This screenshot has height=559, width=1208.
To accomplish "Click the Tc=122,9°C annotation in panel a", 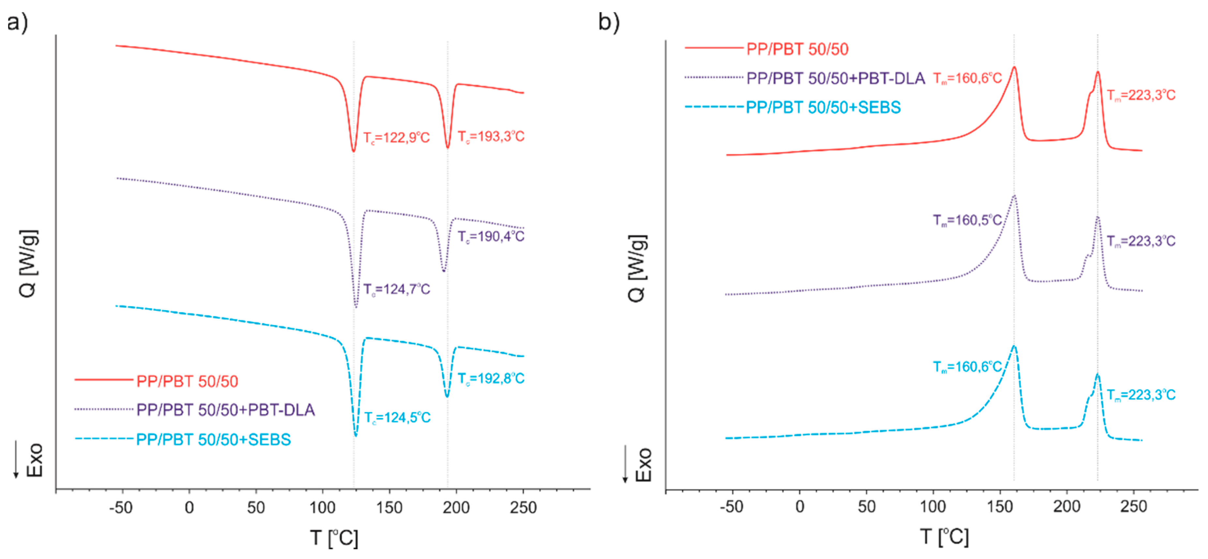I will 396,138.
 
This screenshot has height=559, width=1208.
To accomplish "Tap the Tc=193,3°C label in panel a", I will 491,136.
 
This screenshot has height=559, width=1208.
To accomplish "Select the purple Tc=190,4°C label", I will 491,236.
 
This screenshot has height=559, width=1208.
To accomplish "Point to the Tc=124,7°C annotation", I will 397,289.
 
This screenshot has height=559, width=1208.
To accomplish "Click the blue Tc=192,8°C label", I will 491,378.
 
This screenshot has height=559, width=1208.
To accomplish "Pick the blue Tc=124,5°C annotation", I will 397,417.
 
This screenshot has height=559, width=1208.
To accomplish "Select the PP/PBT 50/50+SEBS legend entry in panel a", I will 213,439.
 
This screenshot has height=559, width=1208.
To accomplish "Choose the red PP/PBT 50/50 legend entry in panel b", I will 797,49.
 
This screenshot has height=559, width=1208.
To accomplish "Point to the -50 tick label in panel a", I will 121,507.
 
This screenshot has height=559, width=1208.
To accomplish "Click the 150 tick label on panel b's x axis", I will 1000,506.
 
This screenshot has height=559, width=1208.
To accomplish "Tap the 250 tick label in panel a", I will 523,507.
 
